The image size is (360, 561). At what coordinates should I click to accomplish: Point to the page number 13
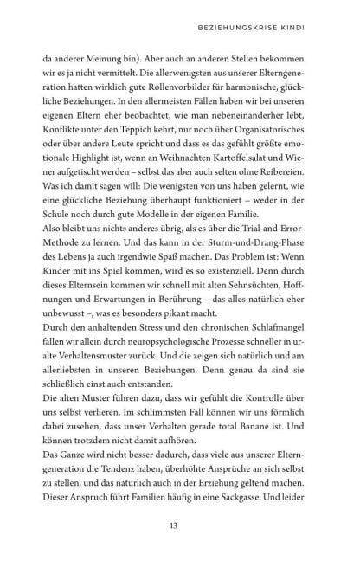coord(180,523)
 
